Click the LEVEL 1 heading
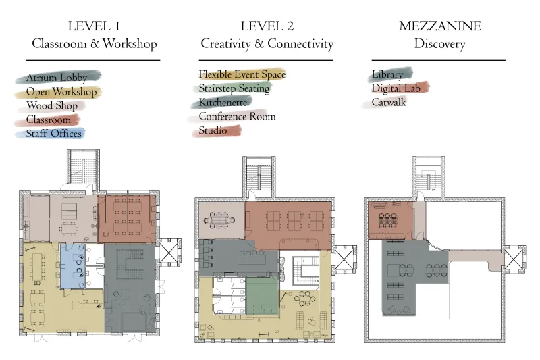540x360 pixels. [x=94, y=26]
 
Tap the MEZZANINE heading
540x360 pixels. [x=440, y=26]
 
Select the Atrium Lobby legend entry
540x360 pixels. [x=57, y=78]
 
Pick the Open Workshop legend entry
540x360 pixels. [x=61, y=92]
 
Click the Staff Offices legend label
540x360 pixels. [x=54, y=134]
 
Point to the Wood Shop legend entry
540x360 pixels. [x=52, y=106]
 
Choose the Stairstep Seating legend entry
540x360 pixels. [x=234, y=88]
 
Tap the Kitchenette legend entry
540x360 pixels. [x=223, y=102]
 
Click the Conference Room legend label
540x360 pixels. [x=238, y=116]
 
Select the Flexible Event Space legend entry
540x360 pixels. [x=242, y=74]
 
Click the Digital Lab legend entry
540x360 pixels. [x=396, y=88]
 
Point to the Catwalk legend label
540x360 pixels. [x=389, y=102]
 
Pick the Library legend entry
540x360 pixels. [x=387, y=74]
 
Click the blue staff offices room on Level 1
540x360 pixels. [x=73, y=266]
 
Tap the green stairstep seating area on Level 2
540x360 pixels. [x=262, y=297]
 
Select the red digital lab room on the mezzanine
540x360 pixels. [x=391, y=220]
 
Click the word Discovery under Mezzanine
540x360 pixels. [x=440, y=44]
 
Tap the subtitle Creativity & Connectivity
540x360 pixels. [x=267, y=44]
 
